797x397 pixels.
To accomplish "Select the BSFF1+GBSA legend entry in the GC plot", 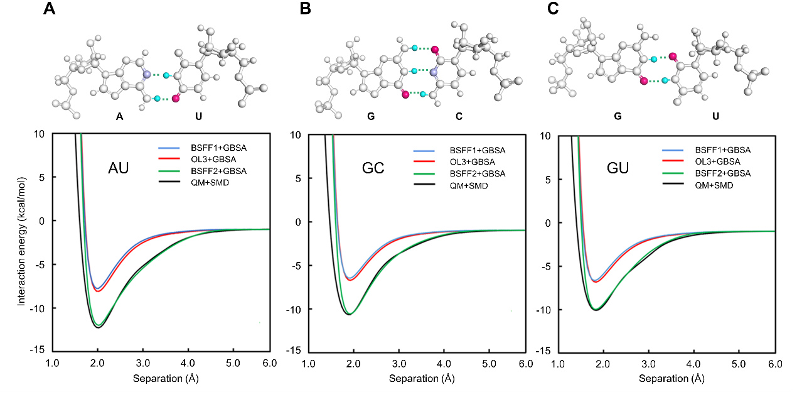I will pyautogui.click(x=478, y=151).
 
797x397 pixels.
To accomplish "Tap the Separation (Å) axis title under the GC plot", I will pyautogui.click(x=418, y=379).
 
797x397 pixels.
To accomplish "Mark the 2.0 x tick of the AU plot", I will pyautogui.click(x=97, y=364).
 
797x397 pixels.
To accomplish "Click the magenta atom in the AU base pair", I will pyautogui.click(x=176, y=98).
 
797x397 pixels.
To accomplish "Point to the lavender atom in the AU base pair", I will pyautogui.click(x=147, y=75).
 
